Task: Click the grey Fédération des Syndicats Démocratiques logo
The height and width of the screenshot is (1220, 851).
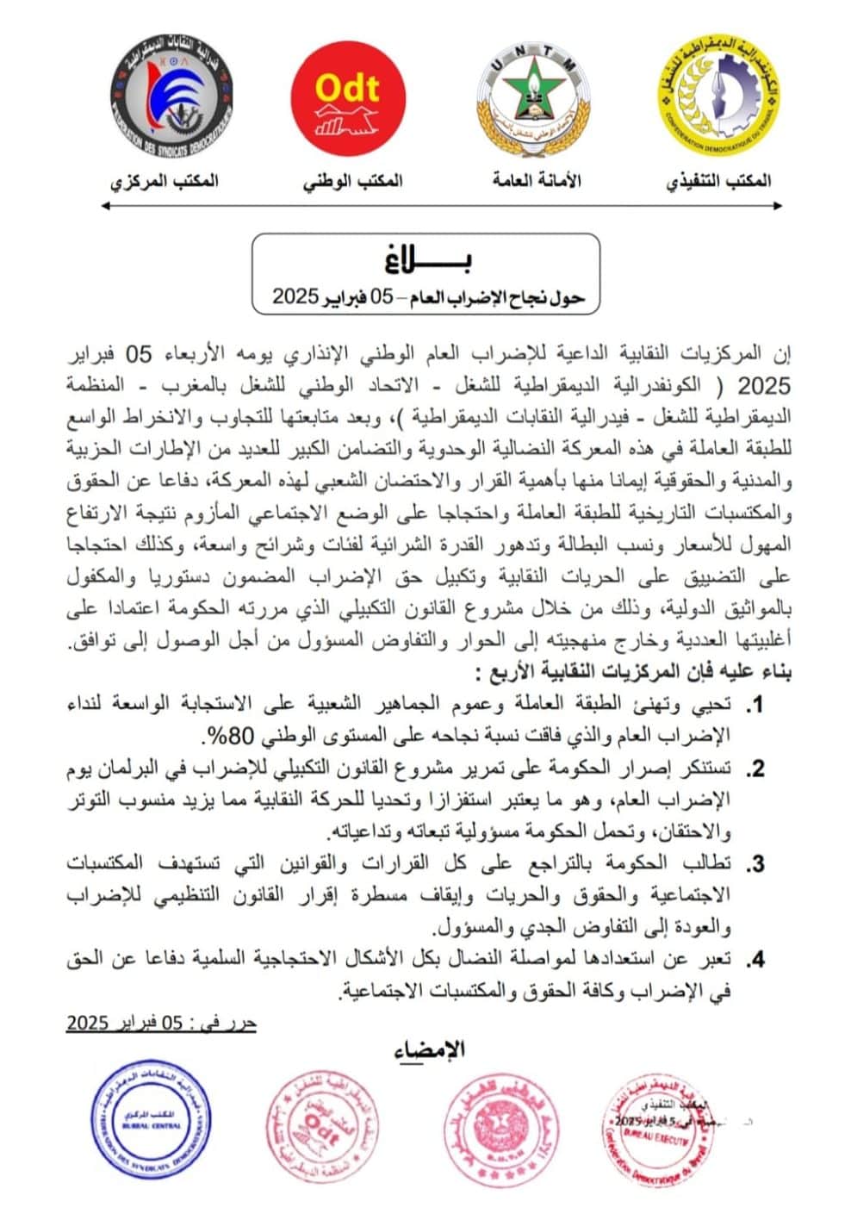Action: (x=173, y=96)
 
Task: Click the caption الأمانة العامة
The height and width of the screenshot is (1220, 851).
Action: (x=537, y=180)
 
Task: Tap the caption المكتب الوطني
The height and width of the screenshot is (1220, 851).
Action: (x=352, y=181)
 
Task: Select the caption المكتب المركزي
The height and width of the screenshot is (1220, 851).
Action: (x=165, y=181)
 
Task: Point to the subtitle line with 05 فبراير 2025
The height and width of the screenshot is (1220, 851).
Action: (x=428, y=297)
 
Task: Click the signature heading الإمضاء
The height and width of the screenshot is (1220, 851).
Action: (x=429, y=1049)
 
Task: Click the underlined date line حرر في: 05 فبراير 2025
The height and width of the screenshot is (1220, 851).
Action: (x=162, y=1024)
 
